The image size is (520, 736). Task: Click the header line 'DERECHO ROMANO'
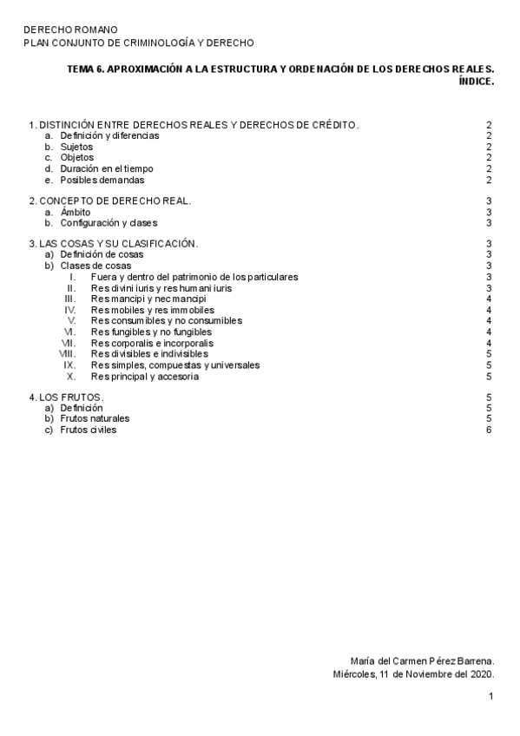pyautogui.click(x=70, y=30)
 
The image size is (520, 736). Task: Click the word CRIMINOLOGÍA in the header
pyautogui.click(x=158, y=43)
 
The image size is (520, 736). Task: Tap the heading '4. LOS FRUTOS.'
pyautogui.click(x=66, y=397)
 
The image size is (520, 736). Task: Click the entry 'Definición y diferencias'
pyautogui.click(x=109, y=136)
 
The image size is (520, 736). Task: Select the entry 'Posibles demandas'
pyautogui.click(x=102, y=180)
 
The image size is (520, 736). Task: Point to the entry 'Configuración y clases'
pyautogui.click(x=109, y=223)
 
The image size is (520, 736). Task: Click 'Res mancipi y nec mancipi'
pyautogui.click(x=148, y=299)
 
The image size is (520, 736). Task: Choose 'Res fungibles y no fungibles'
pyautogui.click(x=152, y=332)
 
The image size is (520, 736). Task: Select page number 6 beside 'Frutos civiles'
pyautogui.click(x=490, y=430)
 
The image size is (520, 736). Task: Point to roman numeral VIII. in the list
pyautogui.click(x=68, y=354)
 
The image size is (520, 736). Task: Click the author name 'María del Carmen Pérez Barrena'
pyautogui.click(x=421, y=660)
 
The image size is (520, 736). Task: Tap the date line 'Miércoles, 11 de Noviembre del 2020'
pyautogui.click(x=413, y=674)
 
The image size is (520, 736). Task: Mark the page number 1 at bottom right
pyautogui.click(x=490, y=696)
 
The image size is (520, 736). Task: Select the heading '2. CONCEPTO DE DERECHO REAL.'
pyautogui.click(x=109, y=201)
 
